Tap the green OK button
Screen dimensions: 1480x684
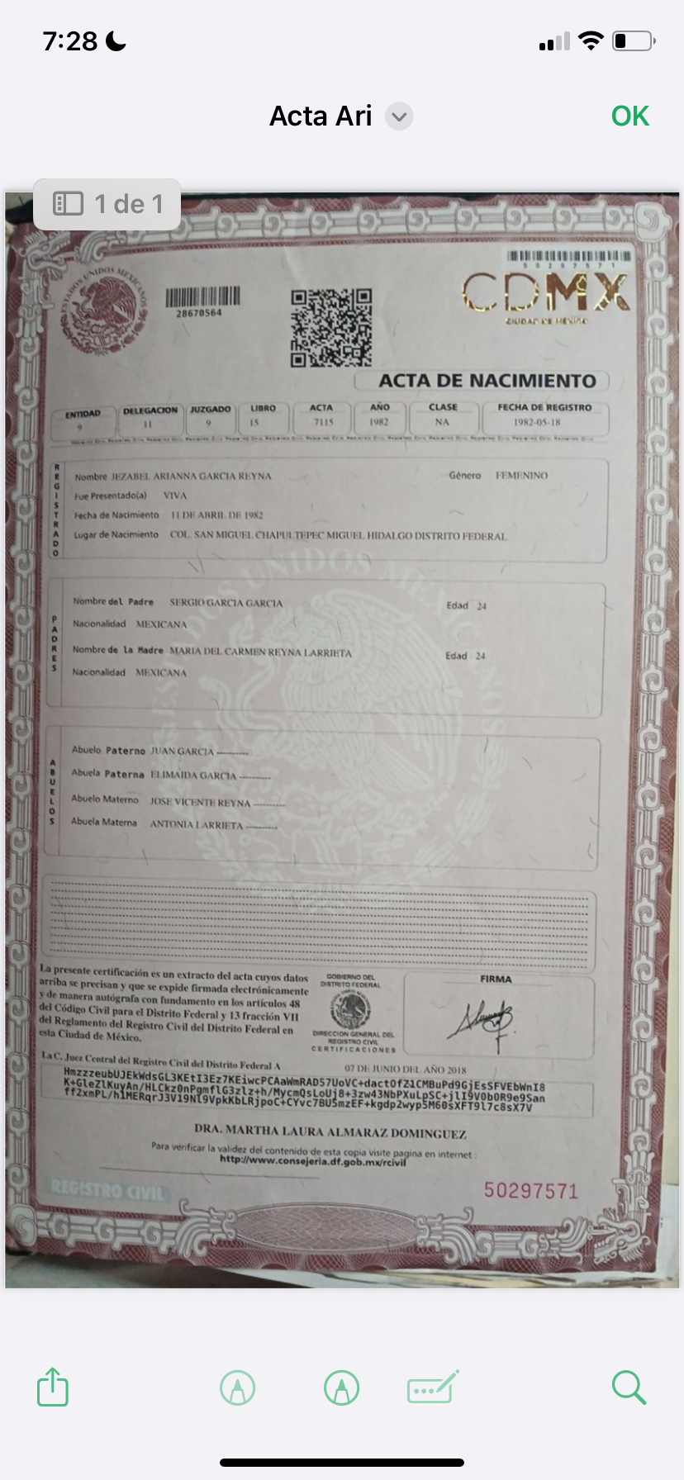(x=630, y=116)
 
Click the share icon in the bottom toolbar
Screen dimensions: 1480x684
(x=53, y=1387)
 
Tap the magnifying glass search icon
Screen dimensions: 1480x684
(x=629, y=1387)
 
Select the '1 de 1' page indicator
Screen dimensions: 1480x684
(x=107, y=204)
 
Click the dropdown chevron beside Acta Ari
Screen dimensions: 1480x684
(x=399, y=116)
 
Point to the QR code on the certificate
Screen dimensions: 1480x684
(x=331, y=328)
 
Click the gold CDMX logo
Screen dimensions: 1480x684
(x=545, y=293)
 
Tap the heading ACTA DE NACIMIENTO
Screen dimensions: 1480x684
(x=487, y=381)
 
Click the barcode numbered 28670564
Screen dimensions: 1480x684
(x=202, y=297)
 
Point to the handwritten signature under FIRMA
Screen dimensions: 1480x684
(x=482, y=1023)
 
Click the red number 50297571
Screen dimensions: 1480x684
(x=530, y=1190)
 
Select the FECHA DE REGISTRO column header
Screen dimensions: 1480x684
(x=544, y=407)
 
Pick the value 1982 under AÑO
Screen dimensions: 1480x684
(x=379, y=422)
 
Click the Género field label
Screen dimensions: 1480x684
(x=464, y=475)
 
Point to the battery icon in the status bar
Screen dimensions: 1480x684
(x=633, y=40)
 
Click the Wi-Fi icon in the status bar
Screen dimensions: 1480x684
(x=591, y=40)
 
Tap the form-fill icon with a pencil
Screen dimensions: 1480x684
(x=432, y=1387)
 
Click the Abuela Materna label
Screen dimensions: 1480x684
(x=104, y=822)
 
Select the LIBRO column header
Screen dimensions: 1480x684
(x=263, y=408)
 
